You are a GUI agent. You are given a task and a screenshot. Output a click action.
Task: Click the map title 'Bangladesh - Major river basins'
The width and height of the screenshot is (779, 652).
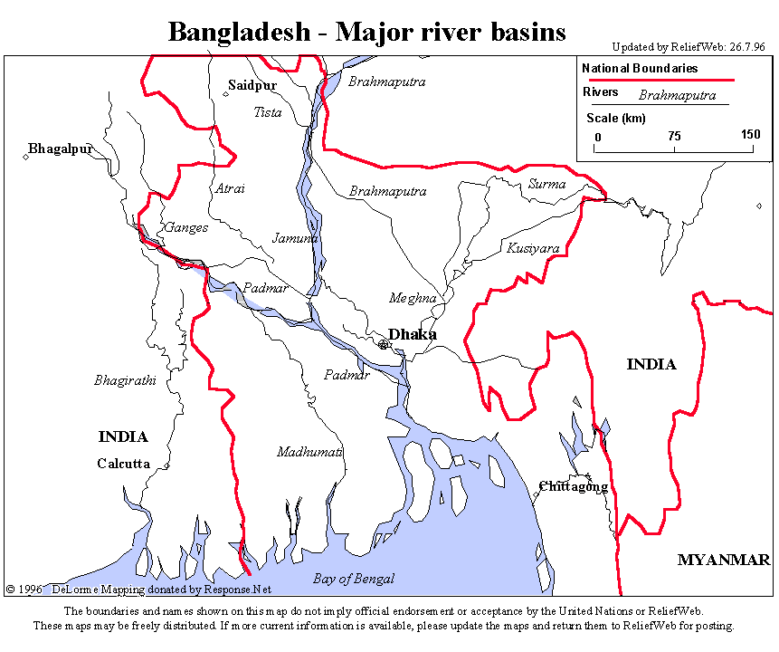(366, 32)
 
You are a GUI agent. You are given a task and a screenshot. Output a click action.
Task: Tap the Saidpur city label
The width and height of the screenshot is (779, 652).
(252, 85)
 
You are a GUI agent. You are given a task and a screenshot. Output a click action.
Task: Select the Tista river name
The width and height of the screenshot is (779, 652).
(268, 112)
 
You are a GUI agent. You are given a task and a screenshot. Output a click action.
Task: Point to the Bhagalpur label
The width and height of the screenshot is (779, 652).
(61, 149)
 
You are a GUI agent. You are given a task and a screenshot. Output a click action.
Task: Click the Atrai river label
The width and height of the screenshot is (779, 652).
(230, 188)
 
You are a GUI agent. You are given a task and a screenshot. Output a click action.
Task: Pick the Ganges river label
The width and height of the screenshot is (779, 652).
(186, 227)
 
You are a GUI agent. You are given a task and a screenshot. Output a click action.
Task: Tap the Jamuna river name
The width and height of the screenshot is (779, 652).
(295, 238)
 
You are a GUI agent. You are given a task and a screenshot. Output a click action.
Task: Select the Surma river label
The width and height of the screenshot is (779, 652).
(546, 184)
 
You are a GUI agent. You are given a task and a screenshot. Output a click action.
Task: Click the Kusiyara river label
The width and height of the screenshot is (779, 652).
(533, 247)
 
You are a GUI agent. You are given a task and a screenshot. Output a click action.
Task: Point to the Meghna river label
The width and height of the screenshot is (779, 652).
(413, 298)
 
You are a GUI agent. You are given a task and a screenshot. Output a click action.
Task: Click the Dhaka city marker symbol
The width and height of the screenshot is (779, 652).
(384, 344)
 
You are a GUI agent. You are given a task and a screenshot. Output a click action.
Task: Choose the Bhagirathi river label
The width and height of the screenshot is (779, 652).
(125, 380)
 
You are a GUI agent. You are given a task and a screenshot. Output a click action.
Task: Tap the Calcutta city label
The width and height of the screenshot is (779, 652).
(123, 464)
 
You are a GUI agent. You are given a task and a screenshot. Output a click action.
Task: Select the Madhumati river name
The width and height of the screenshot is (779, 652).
(309, 451)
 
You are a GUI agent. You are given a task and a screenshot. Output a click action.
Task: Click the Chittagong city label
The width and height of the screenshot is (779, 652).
(574, 486)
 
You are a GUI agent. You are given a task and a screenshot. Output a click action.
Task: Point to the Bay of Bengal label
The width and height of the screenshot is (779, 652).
(354, 579)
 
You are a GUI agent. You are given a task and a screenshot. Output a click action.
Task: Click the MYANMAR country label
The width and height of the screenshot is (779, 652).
(724, 560)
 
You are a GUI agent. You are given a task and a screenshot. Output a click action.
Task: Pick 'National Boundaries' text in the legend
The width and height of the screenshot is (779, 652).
(640, 69)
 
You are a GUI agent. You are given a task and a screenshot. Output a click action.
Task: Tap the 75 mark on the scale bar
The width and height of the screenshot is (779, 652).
(674, 135)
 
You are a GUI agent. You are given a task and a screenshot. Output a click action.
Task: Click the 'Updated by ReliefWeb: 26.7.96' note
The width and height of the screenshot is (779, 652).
(688, 47)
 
